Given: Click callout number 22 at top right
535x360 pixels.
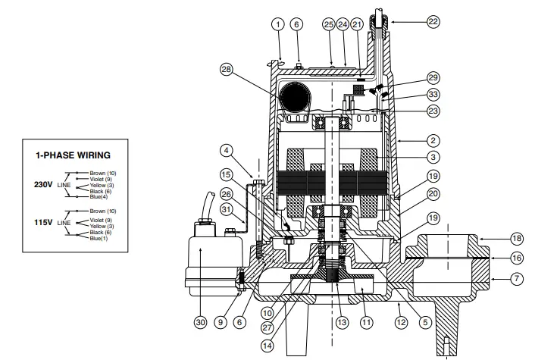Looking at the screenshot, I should pos(433,22).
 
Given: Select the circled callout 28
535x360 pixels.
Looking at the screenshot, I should pos(225,70).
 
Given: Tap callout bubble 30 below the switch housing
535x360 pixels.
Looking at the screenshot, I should pos(200,322).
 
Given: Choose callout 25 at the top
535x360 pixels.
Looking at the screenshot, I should pos(328,24).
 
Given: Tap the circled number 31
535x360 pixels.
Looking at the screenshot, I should pos(226,210).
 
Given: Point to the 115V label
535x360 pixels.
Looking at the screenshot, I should pos(45,223).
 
